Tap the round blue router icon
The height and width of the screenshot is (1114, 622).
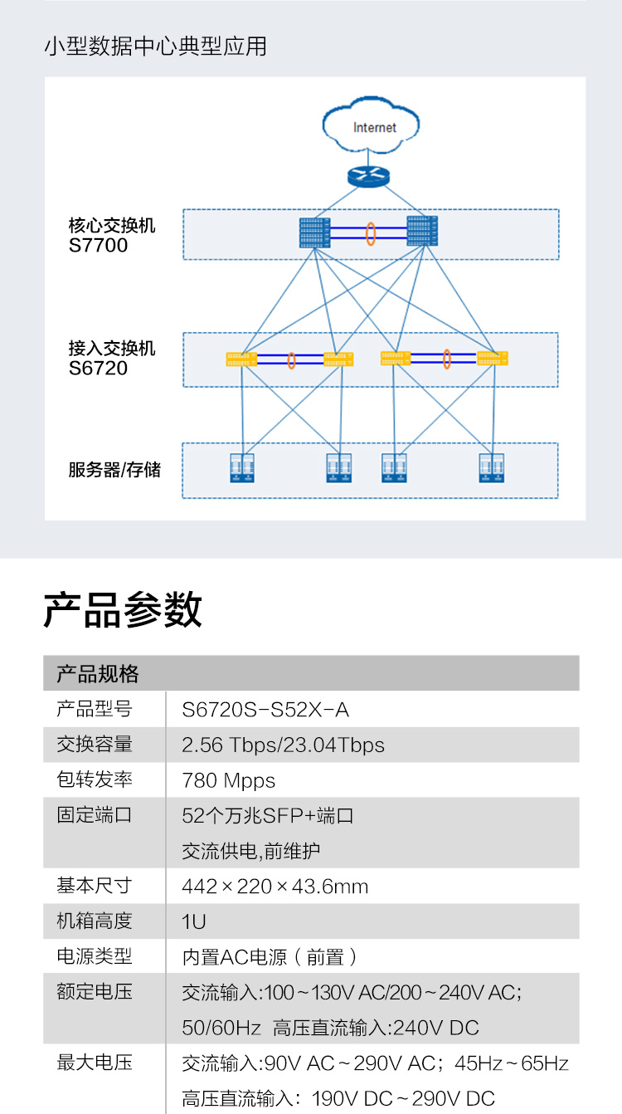click(367, 176)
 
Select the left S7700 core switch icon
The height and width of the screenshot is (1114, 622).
click(315, 232)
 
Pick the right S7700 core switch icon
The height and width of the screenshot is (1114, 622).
click(421, 231)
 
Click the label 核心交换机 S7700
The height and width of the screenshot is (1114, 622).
click(111, 235)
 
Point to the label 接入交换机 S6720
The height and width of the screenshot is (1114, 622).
click(111, 358)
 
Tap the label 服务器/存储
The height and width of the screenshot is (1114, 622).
click(114, 470)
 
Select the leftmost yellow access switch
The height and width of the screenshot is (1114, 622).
click(241, 359)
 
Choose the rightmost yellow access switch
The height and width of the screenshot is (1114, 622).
click(493, 358)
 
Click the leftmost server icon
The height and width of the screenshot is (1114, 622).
click(241, 468)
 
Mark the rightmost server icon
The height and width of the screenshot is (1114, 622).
click(493, 468)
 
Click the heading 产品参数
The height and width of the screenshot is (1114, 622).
click(123, 610)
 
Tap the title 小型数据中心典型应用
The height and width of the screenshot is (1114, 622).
click(155, 46)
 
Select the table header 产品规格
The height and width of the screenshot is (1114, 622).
click(98, 673)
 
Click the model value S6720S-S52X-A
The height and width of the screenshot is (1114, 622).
click(265, 710)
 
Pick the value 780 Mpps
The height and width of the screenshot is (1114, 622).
click(229, 780)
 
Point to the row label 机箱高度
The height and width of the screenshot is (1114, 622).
click(95, 921)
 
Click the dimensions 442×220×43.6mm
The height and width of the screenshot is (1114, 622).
click(275, 887)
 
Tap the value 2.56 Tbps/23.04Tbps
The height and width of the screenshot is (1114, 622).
click(284, 745)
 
